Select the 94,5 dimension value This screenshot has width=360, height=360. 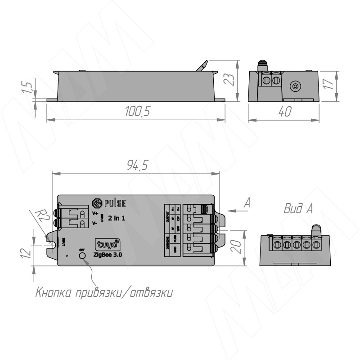(137, 166)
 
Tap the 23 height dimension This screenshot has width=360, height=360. (230, 80)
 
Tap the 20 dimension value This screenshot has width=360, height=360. (238, 247)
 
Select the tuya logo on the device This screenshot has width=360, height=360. (106, 245)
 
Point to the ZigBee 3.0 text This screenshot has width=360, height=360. (108, 255)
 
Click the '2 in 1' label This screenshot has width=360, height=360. (117, 218)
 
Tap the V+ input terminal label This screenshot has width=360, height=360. (95, 213)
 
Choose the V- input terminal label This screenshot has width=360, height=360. (95, 223)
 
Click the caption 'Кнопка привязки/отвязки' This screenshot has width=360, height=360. (104, 293)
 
